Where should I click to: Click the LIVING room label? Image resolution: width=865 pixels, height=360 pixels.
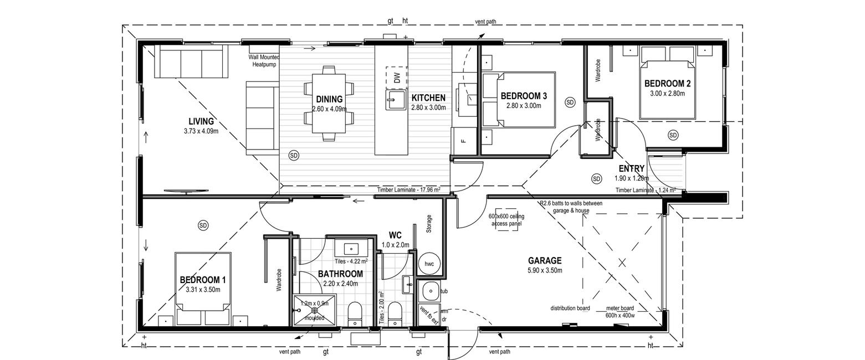[x=201, y=121]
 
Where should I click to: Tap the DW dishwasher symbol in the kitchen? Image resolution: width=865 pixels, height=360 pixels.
[x=397, y=78]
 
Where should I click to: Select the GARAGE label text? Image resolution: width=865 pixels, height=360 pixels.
[x=545, y=261]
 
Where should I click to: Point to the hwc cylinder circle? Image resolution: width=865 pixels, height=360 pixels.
[x=429, y=264]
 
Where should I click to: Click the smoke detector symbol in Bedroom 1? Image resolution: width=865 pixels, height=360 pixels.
[x=203, y=225]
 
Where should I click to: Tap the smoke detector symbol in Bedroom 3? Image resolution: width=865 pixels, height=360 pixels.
[x=570, y=102]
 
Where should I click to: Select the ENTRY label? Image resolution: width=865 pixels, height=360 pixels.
[x=631, y=168]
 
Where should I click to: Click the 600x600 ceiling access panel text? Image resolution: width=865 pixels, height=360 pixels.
[x=506, y=220]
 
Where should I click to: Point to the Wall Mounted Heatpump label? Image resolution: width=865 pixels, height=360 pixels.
[x=264, y=61]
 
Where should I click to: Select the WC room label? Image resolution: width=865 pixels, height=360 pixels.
[x=395, y=235]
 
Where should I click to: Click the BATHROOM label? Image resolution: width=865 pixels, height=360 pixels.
[x=340, y=274]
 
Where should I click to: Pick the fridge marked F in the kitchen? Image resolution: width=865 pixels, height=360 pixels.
[x=464, y=141]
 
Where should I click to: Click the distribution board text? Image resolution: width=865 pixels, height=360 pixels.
[x=570, y=308]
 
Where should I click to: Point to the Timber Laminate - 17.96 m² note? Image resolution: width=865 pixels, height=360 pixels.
[x=408, y=189]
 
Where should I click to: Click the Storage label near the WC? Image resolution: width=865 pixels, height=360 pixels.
[x=429, y=224]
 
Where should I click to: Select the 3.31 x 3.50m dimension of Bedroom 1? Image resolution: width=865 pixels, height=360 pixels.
[x=203, y=290]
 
